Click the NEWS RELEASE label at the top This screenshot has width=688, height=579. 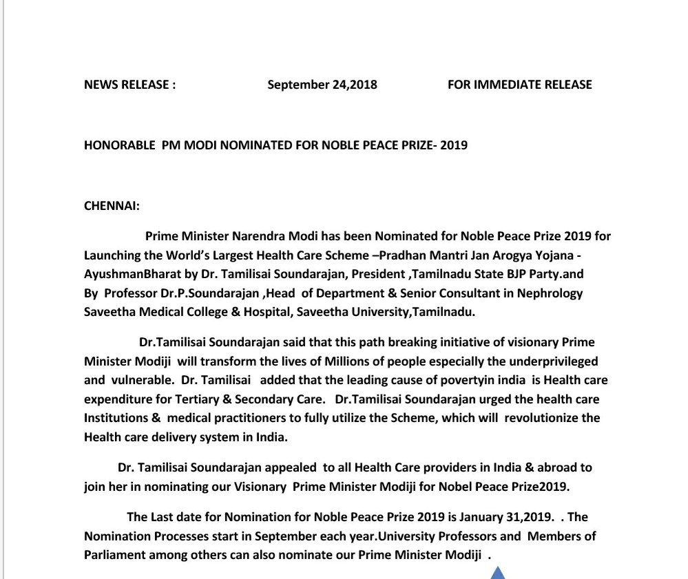(129, 85)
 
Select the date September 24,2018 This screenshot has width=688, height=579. (322, 85)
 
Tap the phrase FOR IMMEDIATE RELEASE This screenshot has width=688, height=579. (519, 85)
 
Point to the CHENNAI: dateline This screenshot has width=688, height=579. (112, 206)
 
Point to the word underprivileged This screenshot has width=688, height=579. (551, 361)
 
